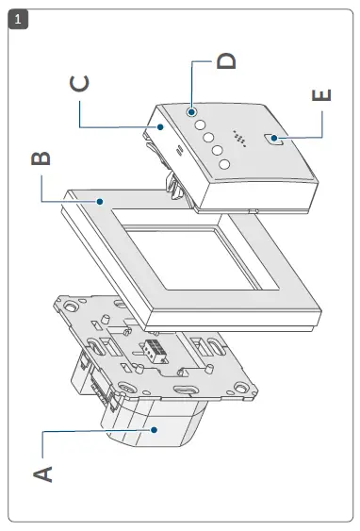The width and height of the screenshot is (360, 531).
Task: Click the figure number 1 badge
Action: click(15, 19)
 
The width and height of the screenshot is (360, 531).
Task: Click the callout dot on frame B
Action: click(99, 200)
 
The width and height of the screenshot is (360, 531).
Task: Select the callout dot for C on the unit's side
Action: click(160, 126)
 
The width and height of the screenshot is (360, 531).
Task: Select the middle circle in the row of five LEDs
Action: click(207, 137)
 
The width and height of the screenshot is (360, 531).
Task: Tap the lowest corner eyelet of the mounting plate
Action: click(245, 386)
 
